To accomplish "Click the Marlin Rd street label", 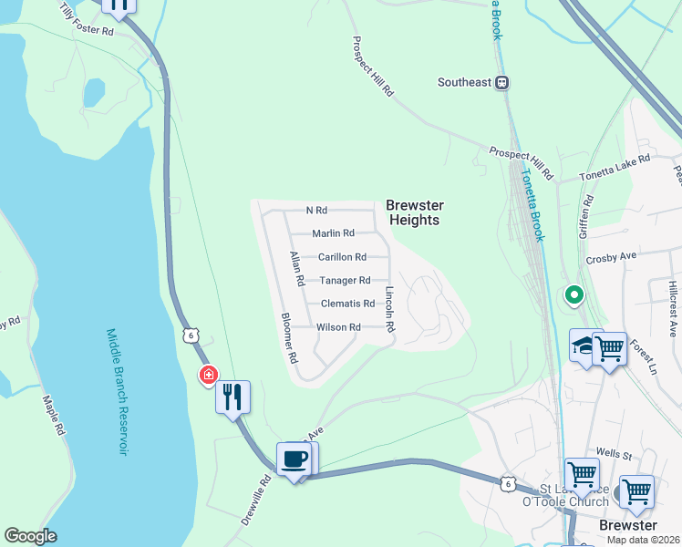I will (x=333, y=234).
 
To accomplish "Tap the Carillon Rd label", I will (x=342, y=257).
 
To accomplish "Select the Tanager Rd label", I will (x=345, y=281).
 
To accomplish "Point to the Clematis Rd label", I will (x=347, y=304).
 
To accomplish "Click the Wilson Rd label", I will (x=338, y=327).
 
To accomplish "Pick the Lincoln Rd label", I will (x=389, y=310).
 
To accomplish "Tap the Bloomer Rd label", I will (x=289, y=338).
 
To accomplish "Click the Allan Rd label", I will (x=295, y=270).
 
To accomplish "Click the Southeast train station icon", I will (x=501, y=82).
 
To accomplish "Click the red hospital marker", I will (x=209, y=375).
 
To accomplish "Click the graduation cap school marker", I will (x=584, y=346).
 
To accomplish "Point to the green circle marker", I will (x=573, y=294).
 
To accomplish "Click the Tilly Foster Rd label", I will (x=86, y=20).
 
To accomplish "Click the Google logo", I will (x=30, y=536).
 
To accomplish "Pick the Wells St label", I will (x=614, y=453).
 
